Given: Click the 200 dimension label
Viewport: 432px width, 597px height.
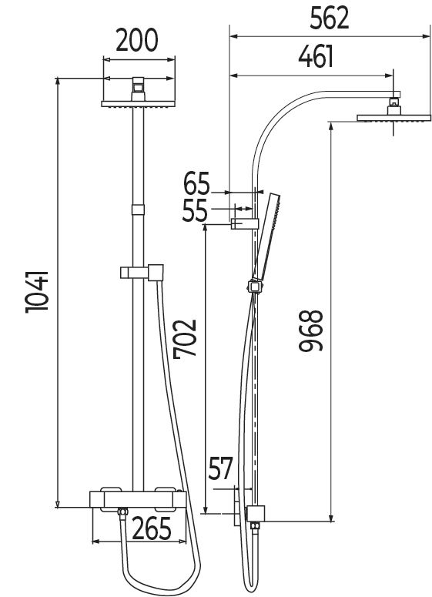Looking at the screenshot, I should point(139,38).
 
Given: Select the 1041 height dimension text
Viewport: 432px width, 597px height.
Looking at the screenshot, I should point(38,290).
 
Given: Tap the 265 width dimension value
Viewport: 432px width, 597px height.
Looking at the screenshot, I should point(152,530).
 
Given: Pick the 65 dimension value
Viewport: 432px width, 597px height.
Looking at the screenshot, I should point(197,185).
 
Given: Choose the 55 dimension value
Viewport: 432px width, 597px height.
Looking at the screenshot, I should point(195,210).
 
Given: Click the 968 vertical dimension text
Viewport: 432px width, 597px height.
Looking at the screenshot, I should point(311,331).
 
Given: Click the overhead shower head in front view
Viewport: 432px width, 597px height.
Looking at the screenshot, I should point(139,103).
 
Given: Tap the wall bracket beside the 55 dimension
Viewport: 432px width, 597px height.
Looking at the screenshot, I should point(243,224).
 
